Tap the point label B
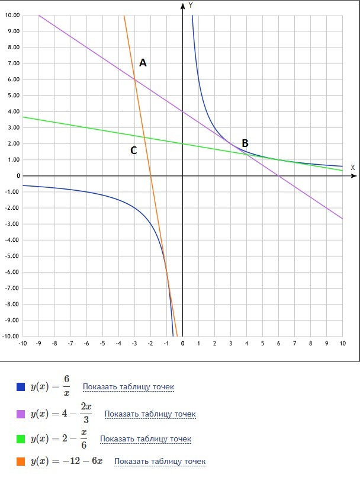click(245, 143)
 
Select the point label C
click(134, 151)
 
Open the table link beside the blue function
click(128, 387)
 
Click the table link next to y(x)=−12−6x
click(160, 461)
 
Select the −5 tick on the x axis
click(102, 343)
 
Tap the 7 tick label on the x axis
click(295, 343)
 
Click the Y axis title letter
click(191, 5)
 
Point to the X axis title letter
click(352, 167)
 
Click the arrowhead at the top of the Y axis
click(182, 6)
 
